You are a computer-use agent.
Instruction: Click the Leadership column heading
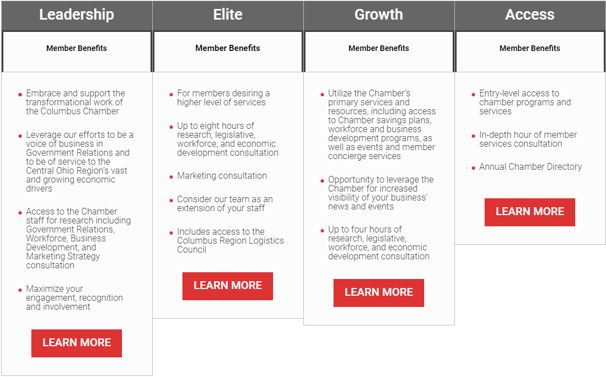(x=77, y=15)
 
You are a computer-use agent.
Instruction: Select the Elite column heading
(x=228, y=15)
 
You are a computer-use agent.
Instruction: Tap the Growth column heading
(x=379, y=15)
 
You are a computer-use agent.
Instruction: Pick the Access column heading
(x=530, y=15)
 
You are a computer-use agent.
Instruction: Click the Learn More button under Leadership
(x=77, y=343)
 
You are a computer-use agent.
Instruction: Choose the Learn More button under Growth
(x=379, y=292)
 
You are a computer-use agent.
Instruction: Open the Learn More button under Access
(x=530, y=212)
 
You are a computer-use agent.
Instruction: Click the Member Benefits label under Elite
(x=228, y=48)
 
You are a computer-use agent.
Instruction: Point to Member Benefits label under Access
(x=530, y=48)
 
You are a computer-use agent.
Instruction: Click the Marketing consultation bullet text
(x=222, y=176)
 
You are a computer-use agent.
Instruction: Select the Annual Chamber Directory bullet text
(x=530, y=167)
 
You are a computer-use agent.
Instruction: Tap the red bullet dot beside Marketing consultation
(x=171, y=177)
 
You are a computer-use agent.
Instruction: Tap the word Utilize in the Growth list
(x=341, y=94)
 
